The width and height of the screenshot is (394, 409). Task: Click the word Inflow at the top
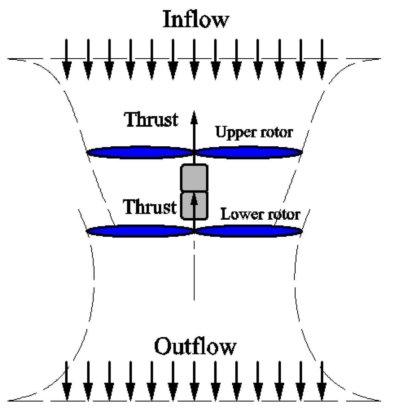(196, 20)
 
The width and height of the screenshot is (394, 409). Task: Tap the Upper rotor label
(254, 132)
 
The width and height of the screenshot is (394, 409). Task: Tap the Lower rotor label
(260, 214)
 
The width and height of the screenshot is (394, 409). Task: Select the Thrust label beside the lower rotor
(150, 207)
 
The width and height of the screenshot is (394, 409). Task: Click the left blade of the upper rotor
(140, 152)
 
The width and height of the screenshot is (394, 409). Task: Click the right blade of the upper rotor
(248, 152)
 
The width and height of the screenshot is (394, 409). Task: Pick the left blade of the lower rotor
(140, 231)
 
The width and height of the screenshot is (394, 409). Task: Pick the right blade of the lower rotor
(248, 231)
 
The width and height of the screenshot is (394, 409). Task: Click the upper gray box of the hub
(194, 178)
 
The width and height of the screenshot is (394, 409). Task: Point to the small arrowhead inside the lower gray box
(194, 199)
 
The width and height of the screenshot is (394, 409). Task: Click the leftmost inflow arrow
(67, 60)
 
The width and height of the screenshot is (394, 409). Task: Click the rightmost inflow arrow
(322, 60)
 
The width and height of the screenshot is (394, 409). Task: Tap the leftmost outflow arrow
(67, 381)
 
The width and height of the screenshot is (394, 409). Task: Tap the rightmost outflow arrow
(322, 381)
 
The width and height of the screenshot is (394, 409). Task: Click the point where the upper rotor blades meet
(194, 152)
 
